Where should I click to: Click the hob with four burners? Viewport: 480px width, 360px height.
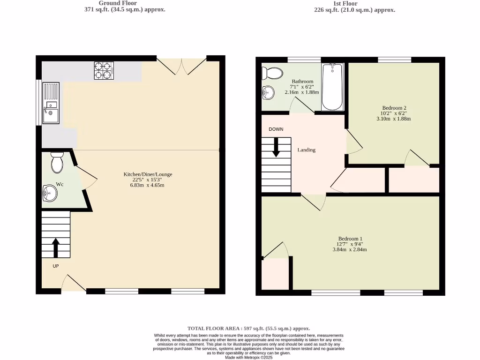click(104, 71)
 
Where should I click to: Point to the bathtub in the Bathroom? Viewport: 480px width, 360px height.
click(332, 87)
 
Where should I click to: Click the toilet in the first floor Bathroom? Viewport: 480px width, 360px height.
click(272, 73)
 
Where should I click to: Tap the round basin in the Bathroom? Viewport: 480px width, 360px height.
click(268, 93)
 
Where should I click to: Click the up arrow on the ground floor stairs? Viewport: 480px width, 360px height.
click(55, 248)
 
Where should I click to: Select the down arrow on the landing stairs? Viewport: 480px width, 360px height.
click(276, 147)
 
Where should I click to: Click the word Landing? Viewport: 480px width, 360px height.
click(307, 150)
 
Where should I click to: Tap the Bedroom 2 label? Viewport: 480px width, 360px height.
click(393, 108)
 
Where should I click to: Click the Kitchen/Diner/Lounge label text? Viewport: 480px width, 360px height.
click(148, 174)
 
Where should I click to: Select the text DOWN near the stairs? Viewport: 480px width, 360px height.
click(276, 129)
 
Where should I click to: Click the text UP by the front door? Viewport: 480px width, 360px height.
click(55, 266)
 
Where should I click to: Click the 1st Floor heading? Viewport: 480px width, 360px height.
click(345, 3)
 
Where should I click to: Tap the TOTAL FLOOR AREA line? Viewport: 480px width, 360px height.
click(248, 329)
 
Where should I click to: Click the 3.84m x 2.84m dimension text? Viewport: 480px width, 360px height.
click(350, 249)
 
